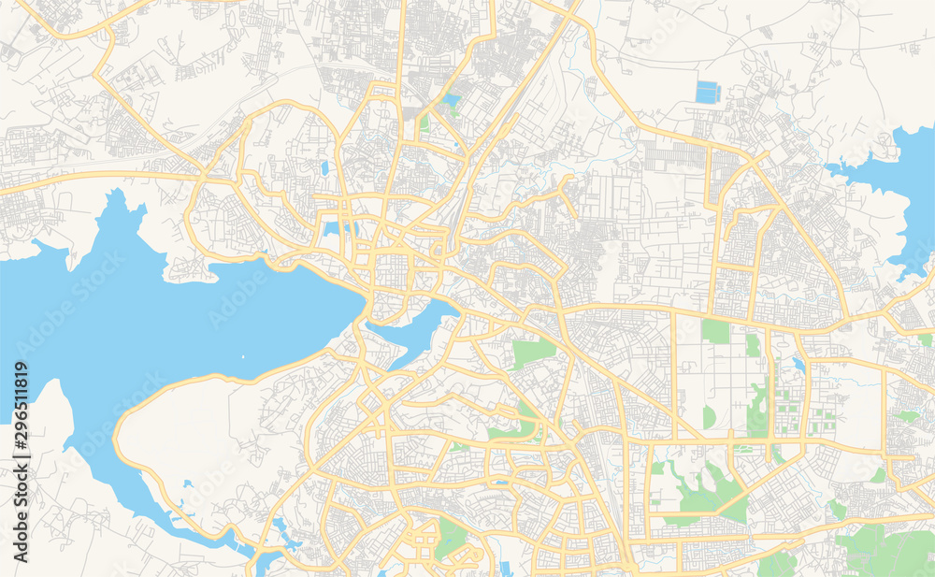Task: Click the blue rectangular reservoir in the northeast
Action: click(708, 92)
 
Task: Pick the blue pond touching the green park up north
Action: click(452, 99)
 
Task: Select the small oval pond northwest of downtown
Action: click(324, 168)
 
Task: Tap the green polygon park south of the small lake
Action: click(532, 352)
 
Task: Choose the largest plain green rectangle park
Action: click(715, 331)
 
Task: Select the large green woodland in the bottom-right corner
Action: click(888, 552)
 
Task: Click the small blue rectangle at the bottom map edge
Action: click(505, 569)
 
